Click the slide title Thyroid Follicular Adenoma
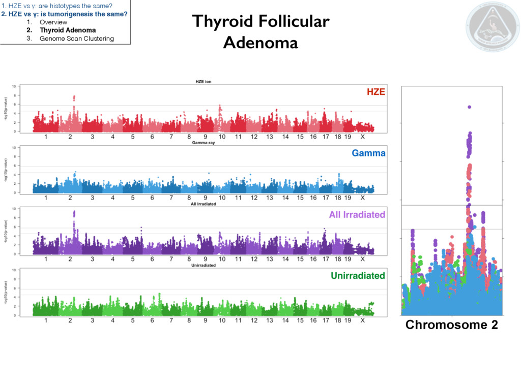tap(260, 32)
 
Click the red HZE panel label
tap(375, 92)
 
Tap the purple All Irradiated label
tap(357, 215)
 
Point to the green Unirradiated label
tap(358, 276)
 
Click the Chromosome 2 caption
tap(451, 325)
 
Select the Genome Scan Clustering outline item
tap(76, 39)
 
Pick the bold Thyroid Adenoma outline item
tap(68, 30)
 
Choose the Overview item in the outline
tap(53, 22)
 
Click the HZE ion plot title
tap(204, 81)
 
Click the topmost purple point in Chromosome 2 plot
tap(469, 107)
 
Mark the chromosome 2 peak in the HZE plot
tap(74, 96)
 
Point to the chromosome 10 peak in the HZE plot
tap(219, 106)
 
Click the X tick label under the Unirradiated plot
tap(362, 320)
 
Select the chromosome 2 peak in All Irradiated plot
tap(74, 212)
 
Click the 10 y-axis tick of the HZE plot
tap(14, 86)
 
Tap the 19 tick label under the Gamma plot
tap(348, 198)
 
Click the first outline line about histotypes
tap(56, 6)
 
